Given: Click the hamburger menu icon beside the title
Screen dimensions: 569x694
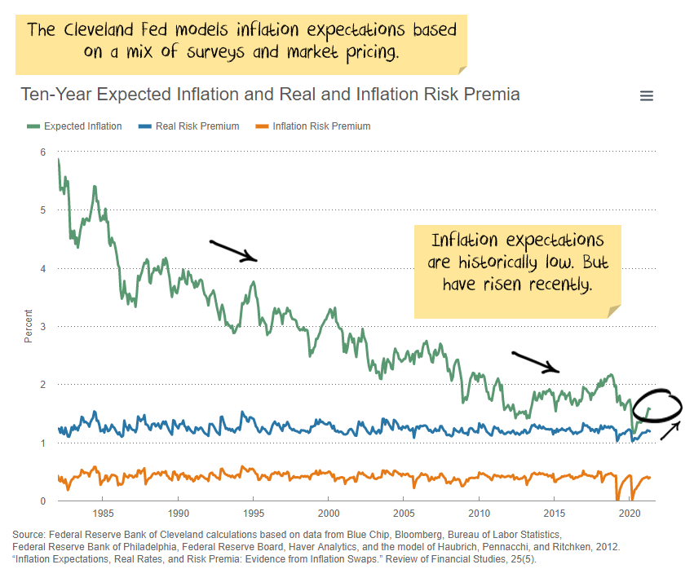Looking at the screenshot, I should coord(647,96).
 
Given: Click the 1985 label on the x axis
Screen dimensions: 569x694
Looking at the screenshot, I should coord(103,514).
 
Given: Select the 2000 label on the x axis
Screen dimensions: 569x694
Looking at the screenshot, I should coord(329,514).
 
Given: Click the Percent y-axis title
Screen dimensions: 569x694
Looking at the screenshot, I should coord(29,326).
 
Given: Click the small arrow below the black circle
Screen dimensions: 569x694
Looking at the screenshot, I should coord(670,430).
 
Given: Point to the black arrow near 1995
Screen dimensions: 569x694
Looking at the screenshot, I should coord(233,250).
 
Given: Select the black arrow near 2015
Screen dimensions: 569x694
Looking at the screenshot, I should coord(535,362).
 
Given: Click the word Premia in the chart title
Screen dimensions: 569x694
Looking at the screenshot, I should coord(489,95).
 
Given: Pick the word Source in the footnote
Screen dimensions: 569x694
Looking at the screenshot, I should coord(29,534).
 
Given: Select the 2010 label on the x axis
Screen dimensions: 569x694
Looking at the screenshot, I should coord(480,514).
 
